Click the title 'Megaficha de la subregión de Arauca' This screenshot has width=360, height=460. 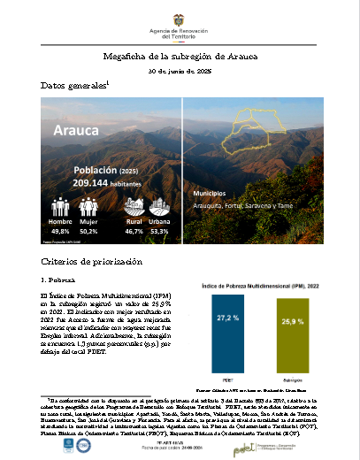click(180, 55)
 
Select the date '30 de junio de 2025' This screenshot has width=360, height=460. click(180, 70)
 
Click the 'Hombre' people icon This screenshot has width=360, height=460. click(61, 207)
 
